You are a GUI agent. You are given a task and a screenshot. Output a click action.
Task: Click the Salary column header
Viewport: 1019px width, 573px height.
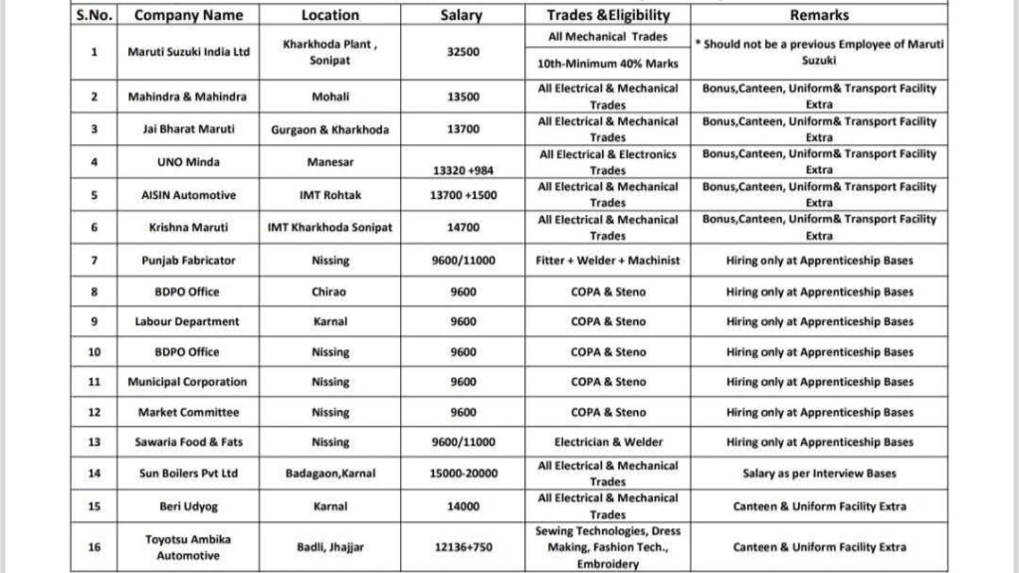(461, 16)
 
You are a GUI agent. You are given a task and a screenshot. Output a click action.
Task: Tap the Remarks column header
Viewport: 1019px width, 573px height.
(819, 16)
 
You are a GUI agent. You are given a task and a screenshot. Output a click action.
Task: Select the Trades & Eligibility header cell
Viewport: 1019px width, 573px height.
(607, 16)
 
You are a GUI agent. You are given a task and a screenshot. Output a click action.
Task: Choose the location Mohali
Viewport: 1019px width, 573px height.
(329, 96)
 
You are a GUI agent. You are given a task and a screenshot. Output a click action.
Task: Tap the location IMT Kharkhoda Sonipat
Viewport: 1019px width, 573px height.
(329, 228)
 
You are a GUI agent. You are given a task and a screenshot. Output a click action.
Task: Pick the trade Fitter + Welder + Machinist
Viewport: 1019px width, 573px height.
(607, 261)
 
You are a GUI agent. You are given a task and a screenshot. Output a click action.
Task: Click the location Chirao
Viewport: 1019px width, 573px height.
(329, 291)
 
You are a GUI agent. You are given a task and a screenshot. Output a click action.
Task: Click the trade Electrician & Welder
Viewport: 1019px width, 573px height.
(607, 442)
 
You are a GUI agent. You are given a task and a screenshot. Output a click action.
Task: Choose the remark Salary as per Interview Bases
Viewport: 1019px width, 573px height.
(819, 474)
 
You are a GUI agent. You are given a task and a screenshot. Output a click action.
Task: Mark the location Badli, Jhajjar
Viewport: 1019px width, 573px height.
(329, 547)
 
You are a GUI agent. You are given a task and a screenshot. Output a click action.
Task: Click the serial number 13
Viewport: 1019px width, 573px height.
(94, 442)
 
